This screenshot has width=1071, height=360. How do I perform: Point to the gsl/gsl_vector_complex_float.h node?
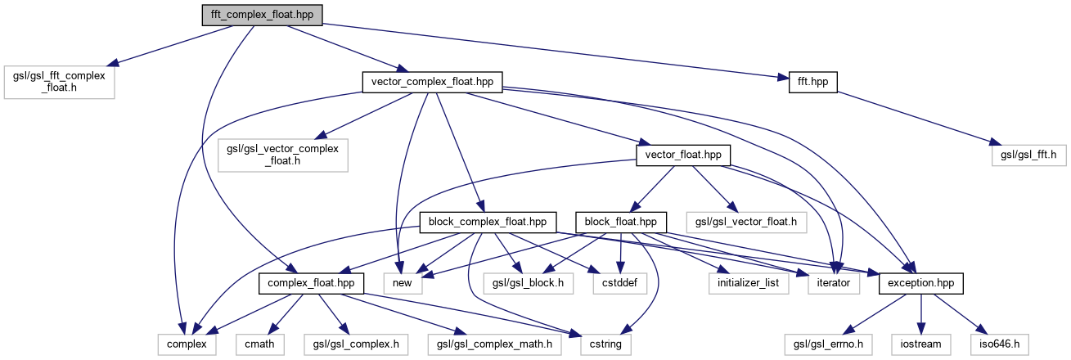(x=283, y=153)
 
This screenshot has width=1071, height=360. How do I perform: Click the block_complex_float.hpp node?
(x=488, y=222)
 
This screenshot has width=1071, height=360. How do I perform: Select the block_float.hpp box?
(x=621, y=222)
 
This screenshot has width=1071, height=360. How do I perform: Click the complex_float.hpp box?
(x=312, y=283)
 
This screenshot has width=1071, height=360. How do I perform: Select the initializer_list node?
(x=749, y=283)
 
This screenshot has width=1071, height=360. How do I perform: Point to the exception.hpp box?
(x=920, y=283)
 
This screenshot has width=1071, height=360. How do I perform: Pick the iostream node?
(x=921, y=344)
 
